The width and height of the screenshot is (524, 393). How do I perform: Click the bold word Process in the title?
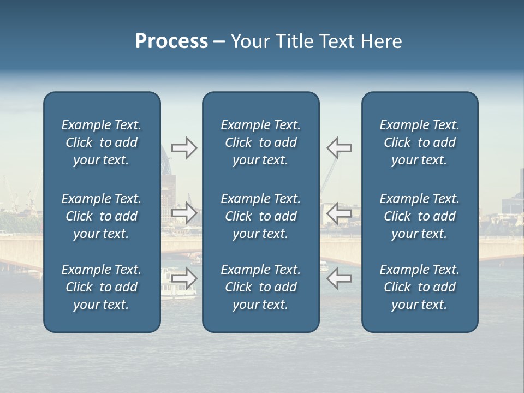pos(171,41)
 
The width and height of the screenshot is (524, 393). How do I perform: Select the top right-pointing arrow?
pos(184,148)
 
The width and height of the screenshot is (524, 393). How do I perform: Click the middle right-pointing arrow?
pos(184,213)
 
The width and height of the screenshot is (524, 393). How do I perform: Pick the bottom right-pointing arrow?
pos(184,278)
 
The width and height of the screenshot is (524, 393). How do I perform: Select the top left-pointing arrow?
pos(339,148)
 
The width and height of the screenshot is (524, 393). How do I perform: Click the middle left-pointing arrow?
pos(339,213)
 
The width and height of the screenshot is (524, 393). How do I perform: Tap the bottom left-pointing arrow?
pos(339,278)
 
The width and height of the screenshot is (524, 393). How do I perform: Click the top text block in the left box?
pos(102,142)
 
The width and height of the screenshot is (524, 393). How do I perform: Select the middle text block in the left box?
pos(102,216)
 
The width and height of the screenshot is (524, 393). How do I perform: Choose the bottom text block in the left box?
pos(102,287)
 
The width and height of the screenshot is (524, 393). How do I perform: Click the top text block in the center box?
pos(260,142)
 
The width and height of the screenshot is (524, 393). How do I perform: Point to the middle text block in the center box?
pos(260,216)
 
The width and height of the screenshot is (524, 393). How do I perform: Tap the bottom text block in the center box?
pos(260,287)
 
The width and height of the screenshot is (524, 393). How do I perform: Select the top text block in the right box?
pos(419,142)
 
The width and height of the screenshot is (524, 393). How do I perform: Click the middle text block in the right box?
pos(419,216)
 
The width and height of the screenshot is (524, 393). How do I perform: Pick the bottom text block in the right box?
pos(419,287)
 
